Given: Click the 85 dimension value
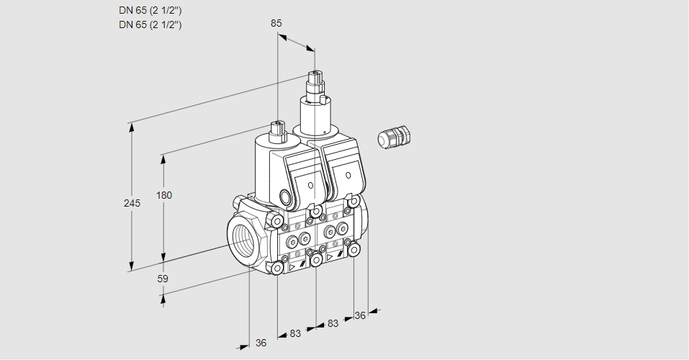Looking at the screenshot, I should click(x=276, y=23).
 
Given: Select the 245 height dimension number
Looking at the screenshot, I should click(x=132, y=203).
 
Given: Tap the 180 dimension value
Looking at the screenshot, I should click(x=166, y=195).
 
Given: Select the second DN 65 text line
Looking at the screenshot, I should click(x=150, y=24).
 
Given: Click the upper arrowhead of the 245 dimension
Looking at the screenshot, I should click(x=131, y=126).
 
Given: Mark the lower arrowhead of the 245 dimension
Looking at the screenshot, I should click(x=131, y=268).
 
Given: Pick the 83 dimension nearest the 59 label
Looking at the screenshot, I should click(x=295, y=333).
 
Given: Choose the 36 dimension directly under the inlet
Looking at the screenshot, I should click(x=261, y=343).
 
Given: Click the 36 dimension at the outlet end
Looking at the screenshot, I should click(x=360, y=315).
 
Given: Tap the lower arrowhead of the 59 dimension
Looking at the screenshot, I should click(x=164, y=294).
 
